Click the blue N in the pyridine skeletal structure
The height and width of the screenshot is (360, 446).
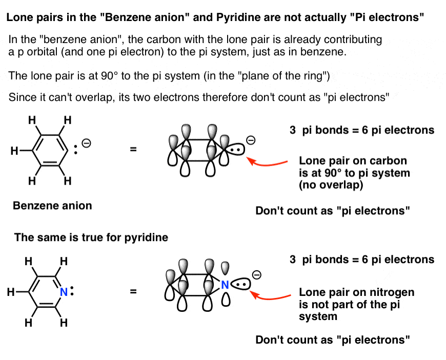[64, 292]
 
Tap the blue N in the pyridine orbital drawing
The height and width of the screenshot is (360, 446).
[225, 285]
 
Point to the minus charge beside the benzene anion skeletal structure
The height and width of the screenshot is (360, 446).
[86, 143]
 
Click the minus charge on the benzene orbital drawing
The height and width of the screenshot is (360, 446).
[251, 140]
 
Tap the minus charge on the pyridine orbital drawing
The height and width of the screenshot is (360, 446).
[256, 275]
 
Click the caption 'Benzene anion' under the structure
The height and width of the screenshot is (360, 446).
[52, 206]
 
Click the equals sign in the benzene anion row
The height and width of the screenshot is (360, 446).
[133, 149]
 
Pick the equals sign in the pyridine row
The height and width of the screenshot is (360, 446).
[133, 291]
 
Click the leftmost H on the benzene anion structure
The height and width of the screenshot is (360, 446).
[14, 151]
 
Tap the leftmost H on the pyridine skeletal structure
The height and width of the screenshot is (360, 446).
[11, 292]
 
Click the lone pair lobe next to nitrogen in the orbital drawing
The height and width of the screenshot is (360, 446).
[240, 284]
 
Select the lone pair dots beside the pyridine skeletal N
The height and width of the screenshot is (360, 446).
[72, 291]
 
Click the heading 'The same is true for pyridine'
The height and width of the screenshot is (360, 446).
[91, 237]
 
